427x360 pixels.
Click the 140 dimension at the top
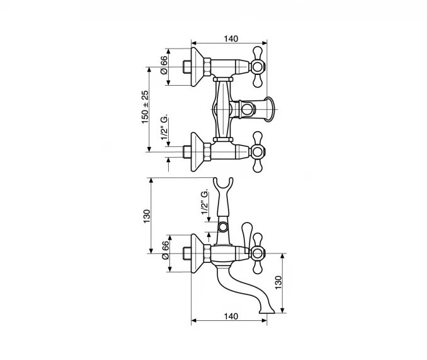231,38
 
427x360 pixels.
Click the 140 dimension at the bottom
231,316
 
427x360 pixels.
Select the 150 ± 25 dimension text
145,107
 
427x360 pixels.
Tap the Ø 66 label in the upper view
164,65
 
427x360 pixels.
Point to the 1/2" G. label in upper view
164,128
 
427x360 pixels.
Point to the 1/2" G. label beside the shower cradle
205,201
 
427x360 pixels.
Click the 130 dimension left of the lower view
147,216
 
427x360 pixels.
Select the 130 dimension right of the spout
278,283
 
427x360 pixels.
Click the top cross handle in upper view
257,67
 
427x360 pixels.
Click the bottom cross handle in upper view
257,152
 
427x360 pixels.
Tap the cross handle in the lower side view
257,253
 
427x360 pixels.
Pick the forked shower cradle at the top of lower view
224,188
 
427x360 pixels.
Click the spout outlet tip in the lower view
267,312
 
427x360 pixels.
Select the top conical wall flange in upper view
197,67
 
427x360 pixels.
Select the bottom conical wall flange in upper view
197,152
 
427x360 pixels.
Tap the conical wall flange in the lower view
197,253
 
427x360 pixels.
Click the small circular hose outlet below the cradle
224,227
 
